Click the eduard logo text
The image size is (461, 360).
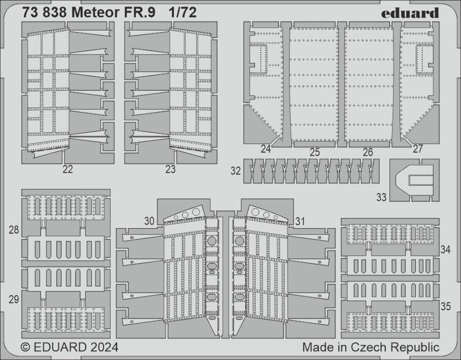click(410, 13)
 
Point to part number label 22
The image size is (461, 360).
click(67, 169)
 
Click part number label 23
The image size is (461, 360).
click(170, 169)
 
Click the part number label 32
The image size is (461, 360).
click(236, 171)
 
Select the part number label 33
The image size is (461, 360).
click(381, 197)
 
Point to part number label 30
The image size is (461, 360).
click(148, 221)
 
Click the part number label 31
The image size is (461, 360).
click(300, 221)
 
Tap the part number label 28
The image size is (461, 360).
click(14, 230)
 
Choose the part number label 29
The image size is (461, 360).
click(14, 299)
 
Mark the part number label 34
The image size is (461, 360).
click(445, 250)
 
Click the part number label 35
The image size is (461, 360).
click(445, 306)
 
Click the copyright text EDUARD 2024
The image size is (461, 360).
click(69, 346)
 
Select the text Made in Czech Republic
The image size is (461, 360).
click(371, 346)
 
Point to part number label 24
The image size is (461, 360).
click(265, 148)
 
